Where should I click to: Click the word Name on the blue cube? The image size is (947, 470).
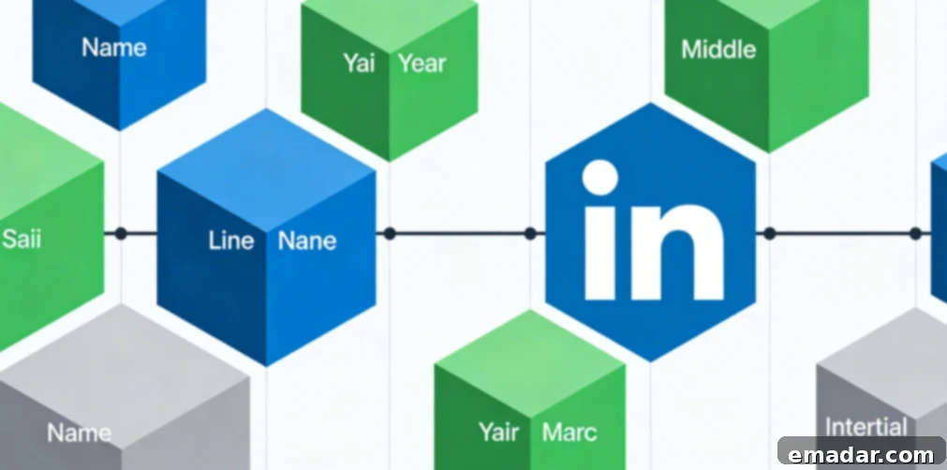click(114, 48)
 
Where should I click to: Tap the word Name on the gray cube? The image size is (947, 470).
click(79, 433)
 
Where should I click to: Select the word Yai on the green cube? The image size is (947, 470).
click(359, 63)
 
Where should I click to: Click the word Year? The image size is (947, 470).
click(422, 63)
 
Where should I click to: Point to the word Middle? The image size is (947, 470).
click(718, 49)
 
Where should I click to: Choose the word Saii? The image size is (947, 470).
click(22, 239)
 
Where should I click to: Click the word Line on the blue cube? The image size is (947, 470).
click(231, 241)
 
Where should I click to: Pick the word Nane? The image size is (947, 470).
click(307, 241)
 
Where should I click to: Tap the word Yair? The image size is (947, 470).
click(499, 432)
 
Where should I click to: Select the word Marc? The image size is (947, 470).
click(570, 432)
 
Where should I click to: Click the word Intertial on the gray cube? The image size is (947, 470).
click(866, 427)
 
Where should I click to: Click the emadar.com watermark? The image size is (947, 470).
click(862, 454)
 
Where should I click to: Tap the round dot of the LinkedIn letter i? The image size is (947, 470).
click(599, 177)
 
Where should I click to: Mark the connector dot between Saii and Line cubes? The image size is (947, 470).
click(121, 233)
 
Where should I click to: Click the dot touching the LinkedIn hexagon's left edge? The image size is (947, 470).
click(530, 233)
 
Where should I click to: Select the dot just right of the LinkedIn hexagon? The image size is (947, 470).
click(769, 233)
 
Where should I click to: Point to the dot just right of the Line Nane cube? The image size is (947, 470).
click(390, 233)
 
